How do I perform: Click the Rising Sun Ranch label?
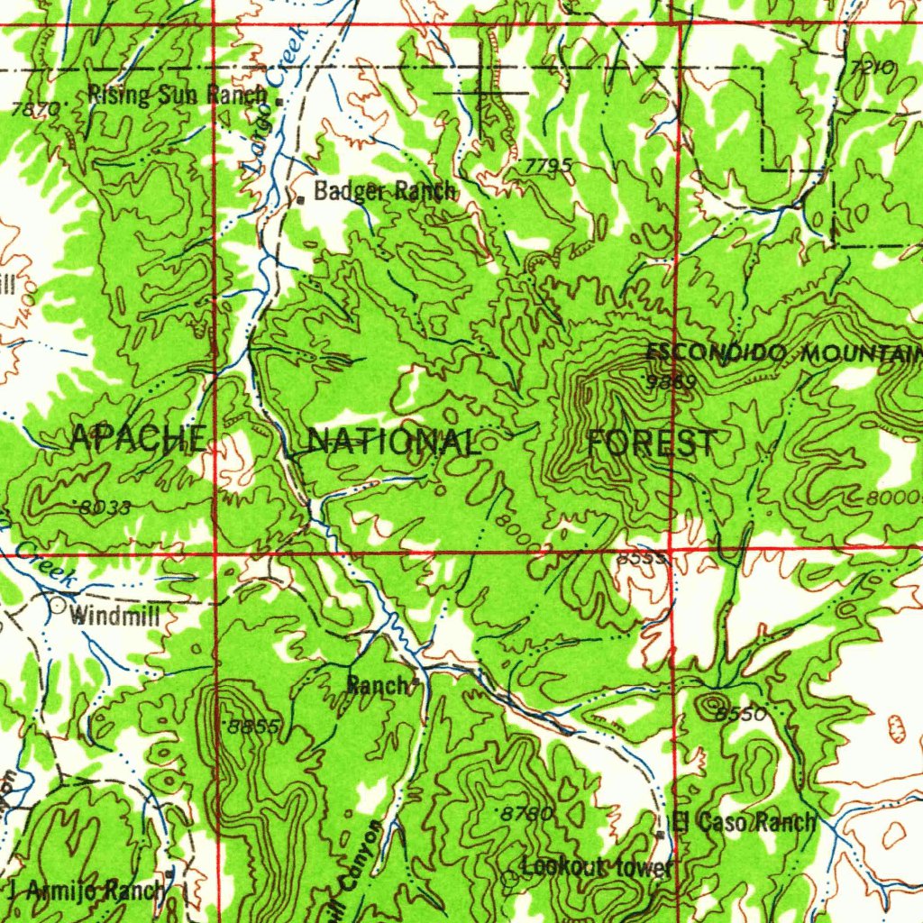pyautogui.click(x=178, y=94)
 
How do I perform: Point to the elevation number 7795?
pyautogui.click(x=548, y=167)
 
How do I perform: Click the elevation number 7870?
pyautogui.click(x=36, y=109)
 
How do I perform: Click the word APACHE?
pyautogui.click(x=137, y=439)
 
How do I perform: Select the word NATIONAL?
pyautogui.click(x=393, y=442)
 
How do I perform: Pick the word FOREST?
pyautogui.click(x=653, y=443)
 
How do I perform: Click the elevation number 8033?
pyautogui.click(x=105, y=507)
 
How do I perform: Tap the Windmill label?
pyautogui.click(x=114, y=617)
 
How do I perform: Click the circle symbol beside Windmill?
pyautogui.click(x=59, y=606)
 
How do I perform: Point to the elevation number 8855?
pyautogui.click(x=254, y=726)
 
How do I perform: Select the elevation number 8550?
pyautogui.click(x=741, y=714)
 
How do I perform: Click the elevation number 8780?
pyautogui.click(x=526, y=813)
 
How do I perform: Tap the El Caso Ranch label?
pyautogui.click(x=745, y=821)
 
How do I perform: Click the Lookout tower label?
pyautogui.click(x=597, y=867)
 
